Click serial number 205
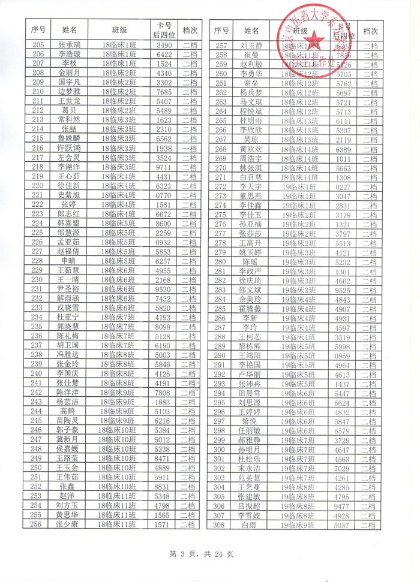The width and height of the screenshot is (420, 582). coord(38,45)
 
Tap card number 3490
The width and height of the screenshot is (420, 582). coord(164,45)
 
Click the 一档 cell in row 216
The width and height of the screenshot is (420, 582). coord(189,148)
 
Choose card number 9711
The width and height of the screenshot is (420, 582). coord(164,167)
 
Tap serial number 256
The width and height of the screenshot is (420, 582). coord(38,524)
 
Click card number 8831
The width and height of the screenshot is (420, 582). coord(164,487)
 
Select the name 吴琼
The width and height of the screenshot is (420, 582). coord(251,140)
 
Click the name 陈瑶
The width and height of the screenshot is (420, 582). coord(251,262)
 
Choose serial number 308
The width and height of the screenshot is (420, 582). coord(220,525)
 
